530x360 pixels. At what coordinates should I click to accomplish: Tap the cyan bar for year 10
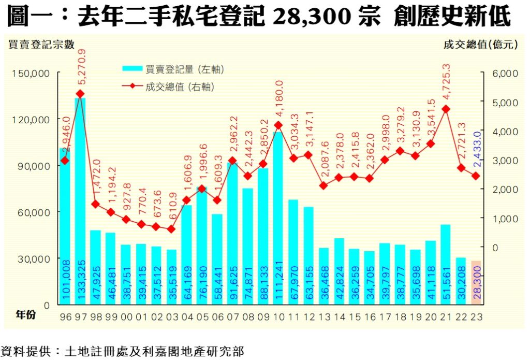(x=278, y=218)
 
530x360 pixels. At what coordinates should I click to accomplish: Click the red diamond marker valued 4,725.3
(x=446, y=109)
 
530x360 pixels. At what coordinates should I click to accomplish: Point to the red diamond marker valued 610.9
(x=171, y=229)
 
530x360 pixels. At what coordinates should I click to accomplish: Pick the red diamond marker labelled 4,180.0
(x=278, y=125)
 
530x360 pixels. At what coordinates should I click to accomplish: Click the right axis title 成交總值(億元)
(x=481, y=44)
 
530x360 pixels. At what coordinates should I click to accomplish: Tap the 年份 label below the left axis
(x=25, y=314)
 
